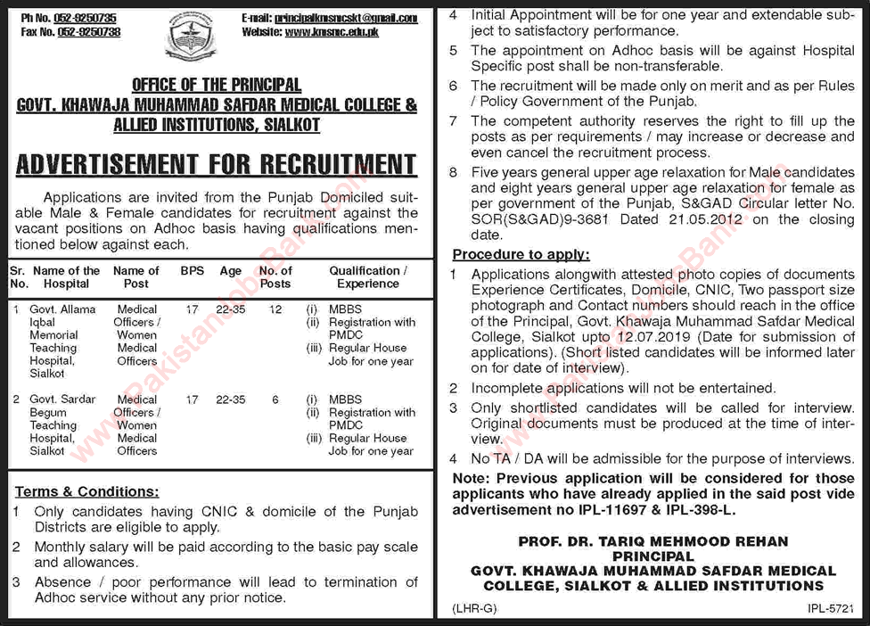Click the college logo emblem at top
pos(191,37)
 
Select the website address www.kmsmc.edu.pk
pos(345,32)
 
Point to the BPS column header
pos(191,271)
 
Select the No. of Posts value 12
pos(275,309)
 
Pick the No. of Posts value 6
pos(275,399)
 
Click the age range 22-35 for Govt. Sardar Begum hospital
pos(232,399)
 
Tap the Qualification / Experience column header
pos(368,277)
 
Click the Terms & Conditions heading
pos(87,491)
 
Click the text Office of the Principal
pos(217,86)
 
